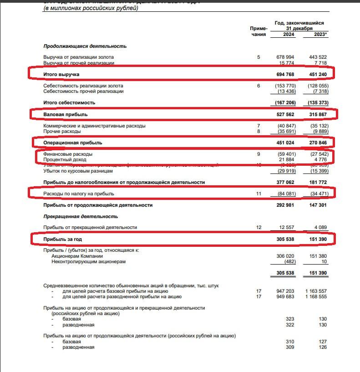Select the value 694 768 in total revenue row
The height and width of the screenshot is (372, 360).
point(286,74)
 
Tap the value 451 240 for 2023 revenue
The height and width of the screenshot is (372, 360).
point(318,74)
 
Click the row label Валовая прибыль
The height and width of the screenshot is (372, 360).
point(66,114)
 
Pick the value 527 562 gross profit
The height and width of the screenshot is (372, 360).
point(286,114)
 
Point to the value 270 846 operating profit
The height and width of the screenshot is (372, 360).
point(318,143)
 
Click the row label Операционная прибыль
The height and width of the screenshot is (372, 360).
point(73,143)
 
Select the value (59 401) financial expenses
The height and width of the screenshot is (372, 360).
point(286,154)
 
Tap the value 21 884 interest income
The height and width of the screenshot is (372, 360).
point(287,160)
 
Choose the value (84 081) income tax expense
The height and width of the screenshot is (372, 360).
point(286,194)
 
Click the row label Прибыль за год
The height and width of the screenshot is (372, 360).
point(63,239)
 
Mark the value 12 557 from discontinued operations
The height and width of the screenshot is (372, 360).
point(287,227)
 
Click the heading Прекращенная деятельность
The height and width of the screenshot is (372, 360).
point(81,216)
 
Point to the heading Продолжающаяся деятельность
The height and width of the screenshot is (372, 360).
point(85,46)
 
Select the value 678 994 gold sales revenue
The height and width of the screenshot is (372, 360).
point(286,57)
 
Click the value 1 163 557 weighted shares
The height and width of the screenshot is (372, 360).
point(315,291)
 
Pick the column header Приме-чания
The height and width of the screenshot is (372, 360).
point(258,31)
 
